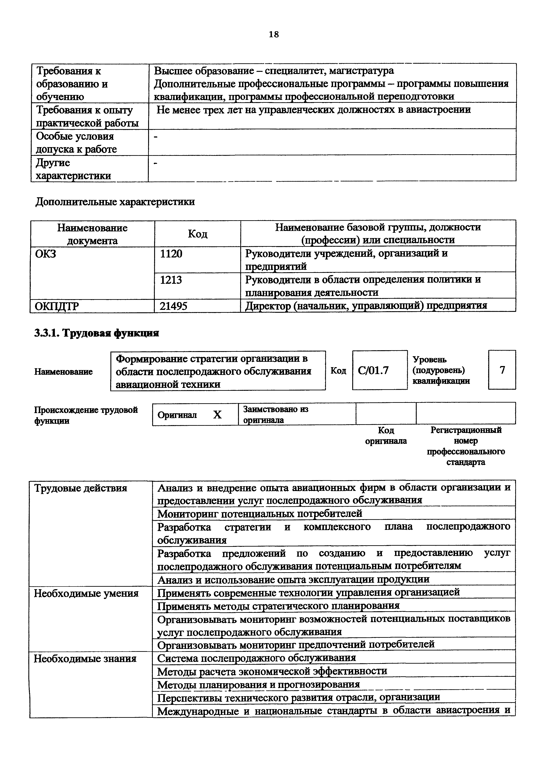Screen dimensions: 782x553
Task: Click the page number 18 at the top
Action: [x=274, y=34]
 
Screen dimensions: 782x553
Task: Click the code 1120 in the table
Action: [x=171, y=254]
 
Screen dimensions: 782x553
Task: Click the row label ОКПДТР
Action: [x=57, y=307]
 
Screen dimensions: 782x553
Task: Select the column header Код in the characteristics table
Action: [x=198, y=234]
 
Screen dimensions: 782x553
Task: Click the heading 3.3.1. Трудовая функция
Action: [x=97, y=333]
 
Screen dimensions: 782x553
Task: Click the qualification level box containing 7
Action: [x=502, y=370]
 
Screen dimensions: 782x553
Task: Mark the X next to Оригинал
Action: [x=217, y=414]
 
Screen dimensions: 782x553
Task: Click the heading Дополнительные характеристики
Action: [x=115, y=202]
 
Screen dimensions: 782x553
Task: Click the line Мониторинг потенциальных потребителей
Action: [x=260, y=513]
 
